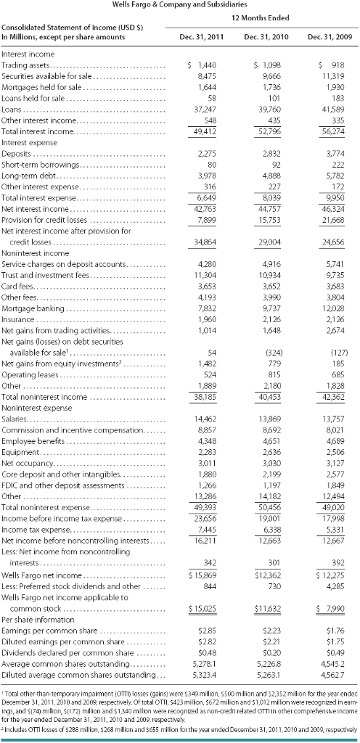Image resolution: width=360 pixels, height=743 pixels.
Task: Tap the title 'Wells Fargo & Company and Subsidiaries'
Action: pyautogui.click(x=179, y=4)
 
